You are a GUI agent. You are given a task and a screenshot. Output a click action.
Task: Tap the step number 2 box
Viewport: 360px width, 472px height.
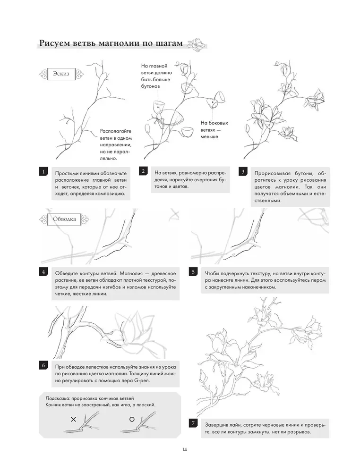[143, 171]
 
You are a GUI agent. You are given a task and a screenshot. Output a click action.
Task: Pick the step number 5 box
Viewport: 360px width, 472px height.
[193, 272]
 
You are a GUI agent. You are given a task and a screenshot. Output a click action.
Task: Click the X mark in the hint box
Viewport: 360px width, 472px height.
[73, 419]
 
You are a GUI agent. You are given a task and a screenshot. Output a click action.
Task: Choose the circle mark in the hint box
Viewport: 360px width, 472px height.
[132, 419]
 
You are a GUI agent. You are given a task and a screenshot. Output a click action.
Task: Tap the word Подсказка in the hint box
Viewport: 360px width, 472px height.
[54, 397]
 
